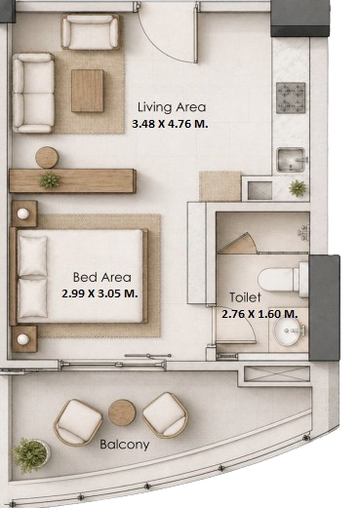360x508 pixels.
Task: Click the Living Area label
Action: click(172, 107)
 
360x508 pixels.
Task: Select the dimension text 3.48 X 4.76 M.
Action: click(170, 124)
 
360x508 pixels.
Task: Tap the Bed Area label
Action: click(102, 277)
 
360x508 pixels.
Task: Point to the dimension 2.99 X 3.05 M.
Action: click(100, 293)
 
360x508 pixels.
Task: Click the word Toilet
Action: click(245, 297)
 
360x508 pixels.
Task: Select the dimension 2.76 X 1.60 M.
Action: click(260, 314)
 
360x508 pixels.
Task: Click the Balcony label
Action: click(125, 445)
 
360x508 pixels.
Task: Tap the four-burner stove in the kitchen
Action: click(291, 98)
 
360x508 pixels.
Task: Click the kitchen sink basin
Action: click(291, 160)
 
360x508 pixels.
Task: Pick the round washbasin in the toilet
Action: click(287, 332)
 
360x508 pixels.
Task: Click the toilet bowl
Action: click(281, 280)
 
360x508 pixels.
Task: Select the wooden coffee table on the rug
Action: click(88, 91)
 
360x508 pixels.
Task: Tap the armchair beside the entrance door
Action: click(90, 32)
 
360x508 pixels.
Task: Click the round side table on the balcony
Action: click(122, 412)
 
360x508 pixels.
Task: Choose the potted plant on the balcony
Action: click(30, 455)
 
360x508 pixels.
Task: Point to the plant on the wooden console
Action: click(50, 180)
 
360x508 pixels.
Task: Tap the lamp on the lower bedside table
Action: click(22, 339)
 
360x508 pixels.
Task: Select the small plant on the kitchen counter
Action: click(298, 188)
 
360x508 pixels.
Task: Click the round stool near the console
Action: click(47, 158)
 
